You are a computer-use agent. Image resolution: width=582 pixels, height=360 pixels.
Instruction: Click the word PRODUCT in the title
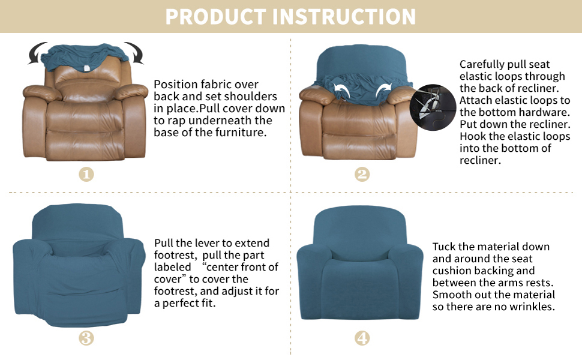tap(215, 17)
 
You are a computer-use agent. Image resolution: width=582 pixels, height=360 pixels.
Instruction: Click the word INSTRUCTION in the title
tap(344, 17)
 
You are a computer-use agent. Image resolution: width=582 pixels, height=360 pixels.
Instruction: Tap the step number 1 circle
tap(86, 174)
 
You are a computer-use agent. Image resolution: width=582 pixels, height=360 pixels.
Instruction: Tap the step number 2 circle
tap(362, 174)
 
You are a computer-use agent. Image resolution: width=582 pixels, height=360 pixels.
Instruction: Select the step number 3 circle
tap(86, 338)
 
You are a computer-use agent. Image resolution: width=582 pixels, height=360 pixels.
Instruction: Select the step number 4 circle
tap(362, 338)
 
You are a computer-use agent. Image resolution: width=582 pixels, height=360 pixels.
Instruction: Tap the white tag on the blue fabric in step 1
tap(88, 66)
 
